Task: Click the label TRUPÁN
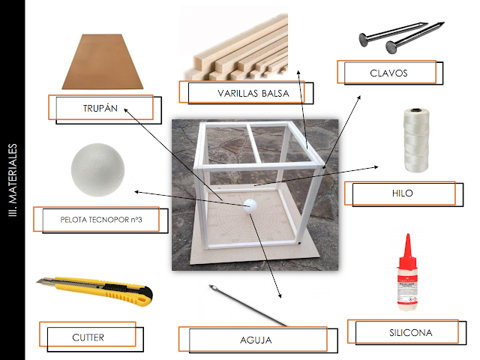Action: coord(100,108)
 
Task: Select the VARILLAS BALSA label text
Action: coord(253,93)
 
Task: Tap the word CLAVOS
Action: coord(388,73)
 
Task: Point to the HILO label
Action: coord(403,193)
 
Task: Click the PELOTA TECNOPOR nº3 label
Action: coord(101,220)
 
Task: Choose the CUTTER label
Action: coord(88,337)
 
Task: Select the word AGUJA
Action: coord(256,340)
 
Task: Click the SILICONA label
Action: coord(411,333)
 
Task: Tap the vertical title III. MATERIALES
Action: coord(13,180)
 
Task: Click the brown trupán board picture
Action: coord(103,61)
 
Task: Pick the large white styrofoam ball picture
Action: coord(98,170)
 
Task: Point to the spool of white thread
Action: coord(415,140)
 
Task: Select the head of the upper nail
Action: coord(363,40)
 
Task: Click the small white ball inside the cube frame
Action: coord(250,205)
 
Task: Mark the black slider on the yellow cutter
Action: coord(115,287)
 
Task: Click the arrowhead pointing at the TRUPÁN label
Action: coord(126,110)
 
